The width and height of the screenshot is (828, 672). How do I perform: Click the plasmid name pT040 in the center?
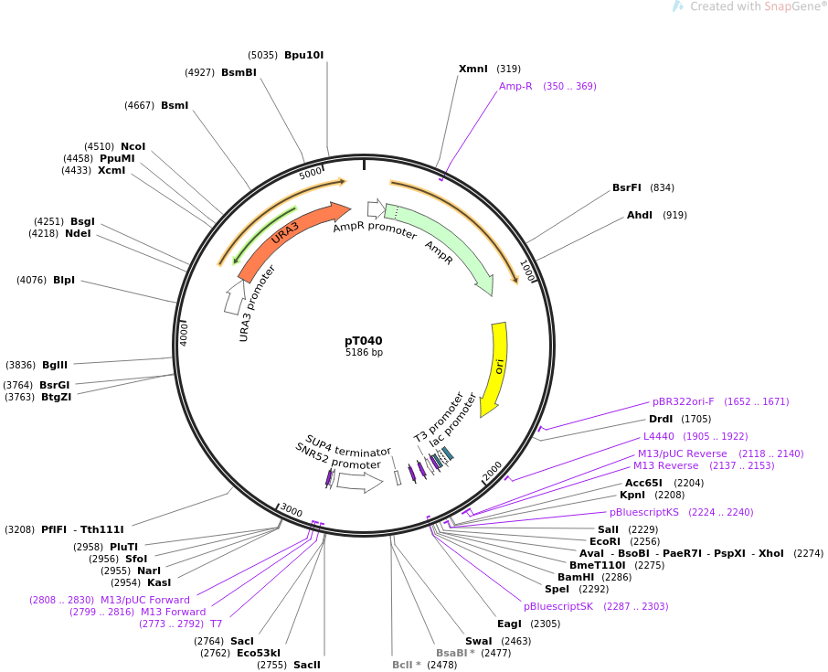[364, 341]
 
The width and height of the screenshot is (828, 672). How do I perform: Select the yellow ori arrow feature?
[497, 366]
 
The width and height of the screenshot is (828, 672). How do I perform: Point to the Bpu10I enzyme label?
[303, 55]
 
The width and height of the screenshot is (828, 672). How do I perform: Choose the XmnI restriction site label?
[473, 69]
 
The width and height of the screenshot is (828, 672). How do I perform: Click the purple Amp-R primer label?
[515, 86]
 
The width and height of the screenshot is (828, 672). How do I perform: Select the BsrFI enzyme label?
[627, 187]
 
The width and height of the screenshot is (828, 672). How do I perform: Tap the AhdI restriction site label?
[640, 215]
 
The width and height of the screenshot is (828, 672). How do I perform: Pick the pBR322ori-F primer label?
[683, 401]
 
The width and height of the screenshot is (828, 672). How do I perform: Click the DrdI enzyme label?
[661, 419]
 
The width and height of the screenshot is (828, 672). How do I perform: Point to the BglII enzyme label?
[55, 365]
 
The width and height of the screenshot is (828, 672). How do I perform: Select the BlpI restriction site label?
[64, 280]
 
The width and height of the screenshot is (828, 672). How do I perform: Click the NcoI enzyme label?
[133, 146]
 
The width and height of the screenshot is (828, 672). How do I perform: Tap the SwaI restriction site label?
[478, 641]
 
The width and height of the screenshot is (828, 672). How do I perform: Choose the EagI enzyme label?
[509, 624]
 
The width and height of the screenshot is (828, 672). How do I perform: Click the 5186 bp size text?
[364, 353]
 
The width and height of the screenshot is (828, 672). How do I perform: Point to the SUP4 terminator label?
[348, 445]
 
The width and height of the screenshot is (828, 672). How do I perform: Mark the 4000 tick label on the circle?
[184, 333]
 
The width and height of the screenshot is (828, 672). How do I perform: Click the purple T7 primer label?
[217, 624]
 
